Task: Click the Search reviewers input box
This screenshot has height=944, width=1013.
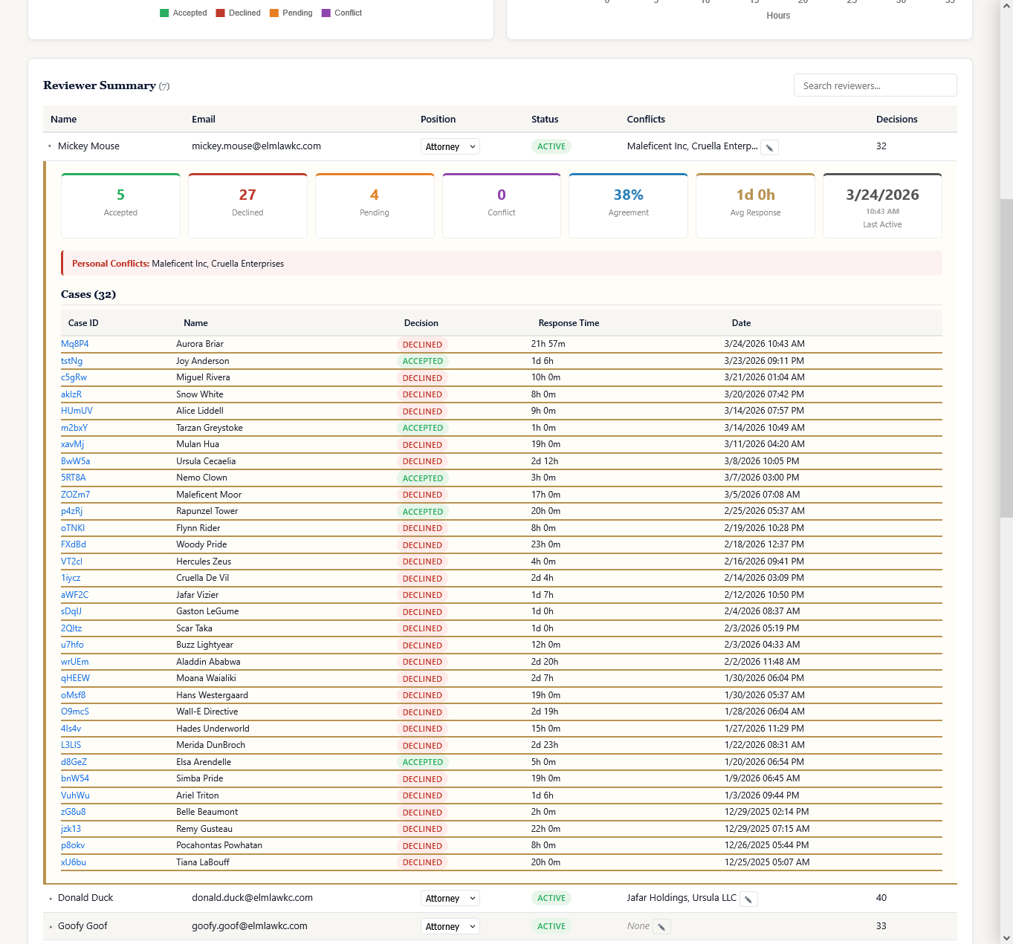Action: click(875, 85)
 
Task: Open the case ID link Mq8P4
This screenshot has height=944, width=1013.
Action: click(74, 344)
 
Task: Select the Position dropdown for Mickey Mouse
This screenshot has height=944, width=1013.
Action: click(450, 147)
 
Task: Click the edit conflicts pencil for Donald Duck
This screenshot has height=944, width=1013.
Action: click(748, 899)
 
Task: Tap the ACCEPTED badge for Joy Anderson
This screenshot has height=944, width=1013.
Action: click(422, 361)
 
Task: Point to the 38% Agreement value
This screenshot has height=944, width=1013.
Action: click(628, 195)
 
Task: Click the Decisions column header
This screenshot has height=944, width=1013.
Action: click(896, 120)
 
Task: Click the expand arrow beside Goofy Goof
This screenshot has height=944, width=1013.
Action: click(51, 927)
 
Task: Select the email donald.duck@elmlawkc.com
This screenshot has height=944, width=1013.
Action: click(252, 898)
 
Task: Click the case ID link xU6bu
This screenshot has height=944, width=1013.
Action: click(74, 862)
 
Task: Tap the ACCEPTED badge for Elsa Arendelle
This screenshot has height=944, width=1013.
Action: click(422, 762)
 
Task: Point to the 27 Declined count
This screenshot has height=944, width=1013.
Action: click(247, 195)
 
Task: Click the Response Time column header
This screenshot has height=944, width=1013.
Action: click(569, 323)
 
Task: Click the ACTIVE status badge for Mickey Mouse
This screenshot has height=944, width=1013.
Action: click(551, 147)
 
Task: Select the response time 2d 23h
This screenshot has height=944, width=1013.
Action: click(545, 745)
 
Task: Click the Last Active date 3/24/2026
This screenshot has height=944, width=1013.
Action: click(882, 195)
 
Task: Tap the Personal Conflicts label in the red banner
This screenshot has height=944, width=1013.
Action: click(110, 264)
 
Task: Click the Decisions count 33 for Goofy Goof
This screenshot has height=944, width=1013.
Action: click(881, 926)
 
